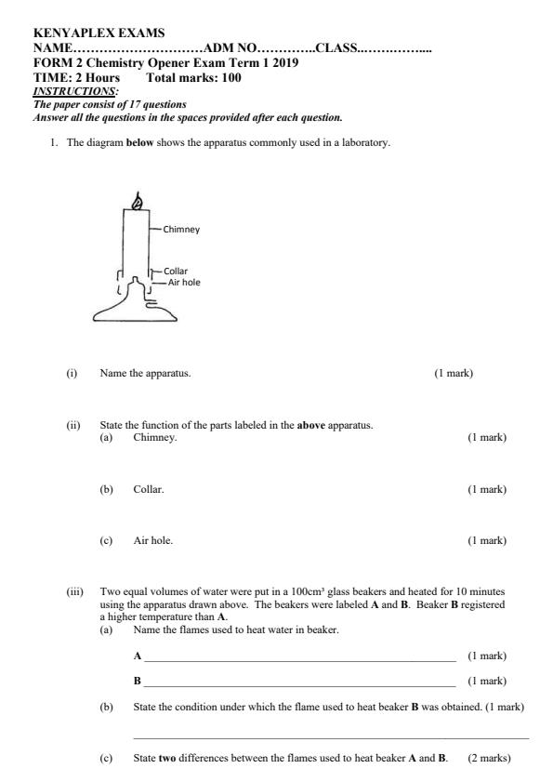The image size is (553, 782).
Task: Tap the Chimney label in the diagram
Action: coord(181,228)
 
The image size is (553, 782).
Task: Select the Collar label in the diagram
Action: coord(176,272)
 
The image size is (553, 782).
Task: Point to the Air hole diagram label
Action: coord(184,282)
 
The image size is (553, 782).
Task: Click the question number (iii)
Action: coord(73,590)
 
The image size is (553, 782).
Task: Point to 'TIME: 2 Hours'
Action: coord(76,78)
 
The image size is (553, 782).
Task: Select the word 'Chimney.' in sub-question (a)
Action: coord(155,436)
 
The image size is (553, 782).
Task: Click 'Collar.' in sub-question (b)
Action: coord(149,488)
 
